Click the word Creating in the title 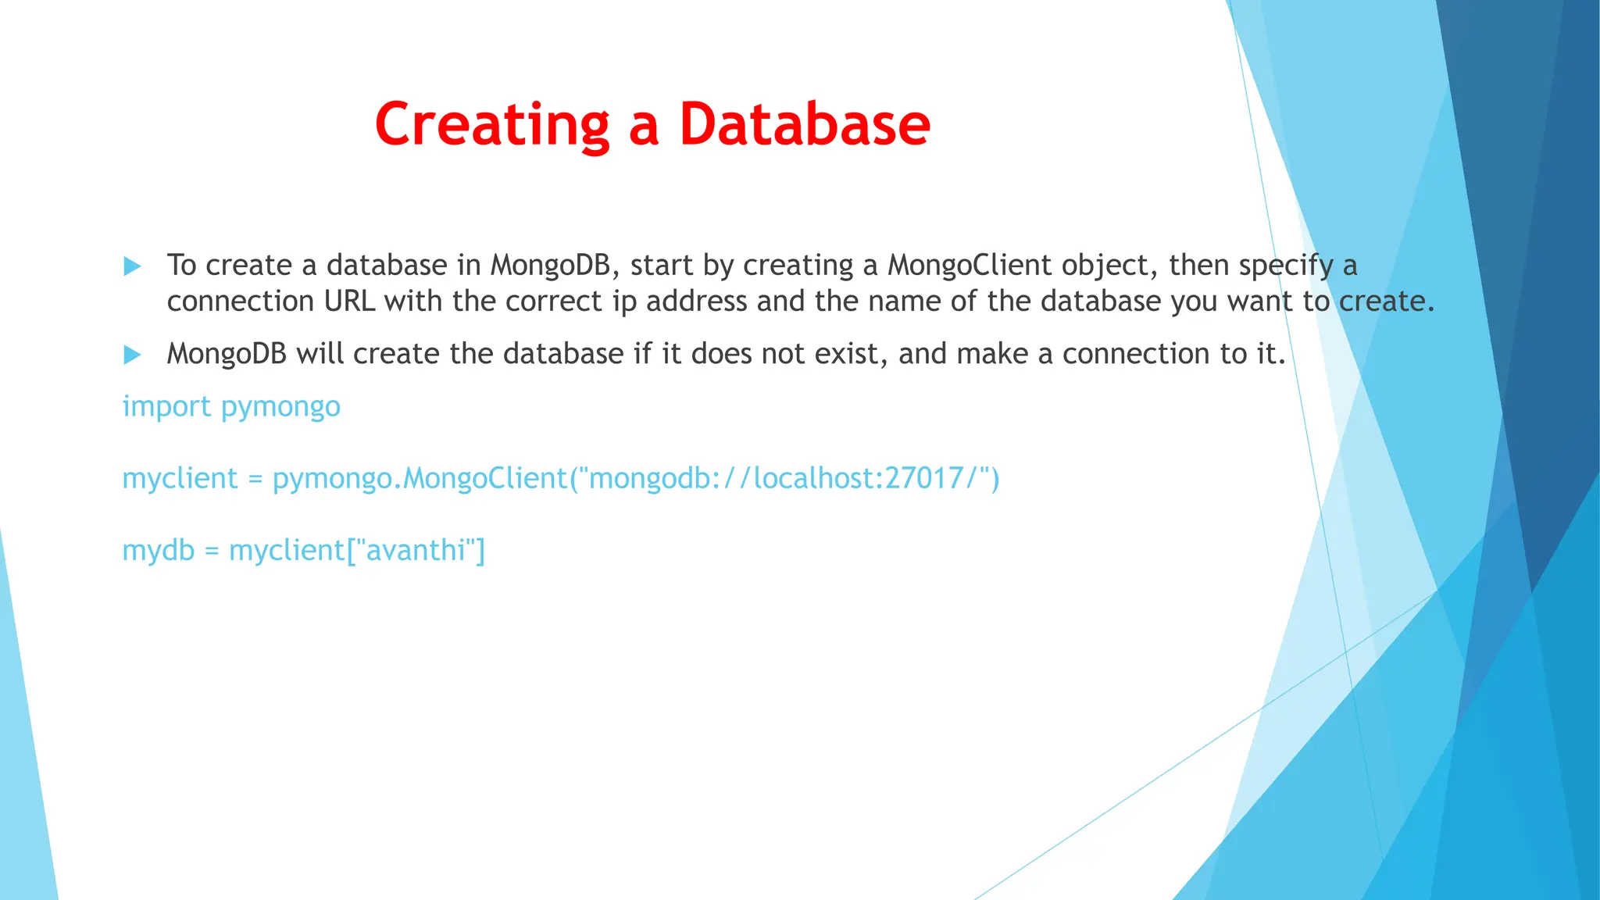(x=492, y=125)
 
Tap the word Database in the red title (x=805, y=125)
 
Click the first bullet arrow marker (x=133, y=266)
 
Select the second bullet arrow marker (x=133, y=355)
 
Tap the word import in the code (x=166, y=407)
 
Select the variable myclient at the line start (x=180, y=479)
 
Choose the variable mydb (x=158, y=551)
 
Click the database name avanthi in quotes (x=415, y=551)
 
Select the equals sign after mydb (x=212, y=552)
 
